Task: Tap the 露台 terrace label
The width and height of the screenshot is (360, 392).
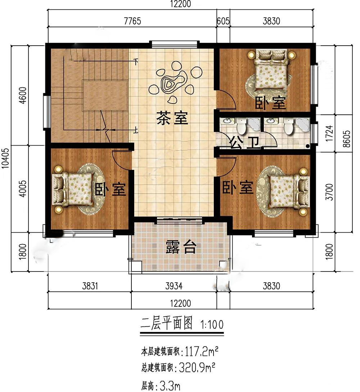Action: pos(181,247)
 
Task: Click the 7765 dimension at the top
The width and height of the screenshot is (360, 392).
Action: pos(132,21)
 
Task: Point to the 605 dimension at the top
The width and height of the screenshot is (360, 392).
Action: pos(223,21)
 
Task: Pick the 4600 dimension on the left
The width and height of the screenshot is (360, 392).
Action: pos(23,95)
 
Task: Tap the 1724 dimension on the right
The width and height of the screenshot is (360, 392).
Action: pos(329,133)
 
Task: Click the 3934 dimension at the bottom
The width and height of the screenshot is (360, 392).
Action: pos(174,286)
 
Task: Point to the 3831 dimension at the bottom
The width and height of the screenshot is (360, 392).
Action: pos(90,286)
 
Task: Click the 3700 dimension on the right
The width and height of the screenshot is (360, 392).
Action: pos(329,192)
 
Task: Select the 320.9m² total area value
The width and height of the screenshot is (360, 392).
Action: pos(197,368)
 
